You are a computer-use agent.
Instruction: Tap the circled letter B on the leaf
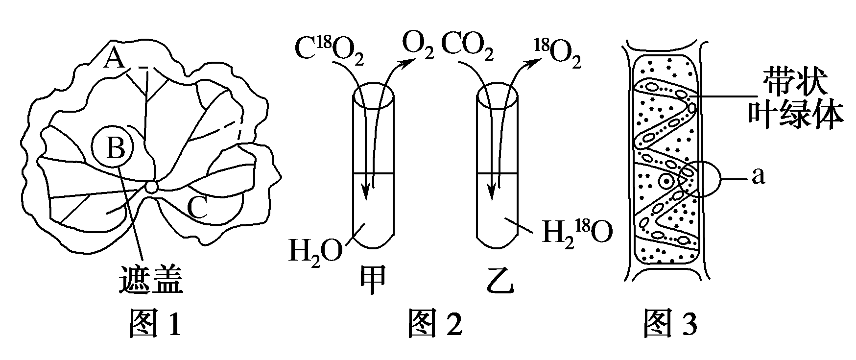click(x=115, y=147)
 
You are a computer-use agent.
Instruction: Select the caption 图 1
click(x=155, y=323)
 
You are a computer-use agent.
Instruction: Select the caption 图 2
click(x=435, y=323)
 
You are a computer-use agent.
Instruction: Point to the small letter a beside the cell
click(x=758, y=177)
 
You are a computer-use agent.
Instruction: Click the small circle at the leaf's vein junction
click(x=151, y=187)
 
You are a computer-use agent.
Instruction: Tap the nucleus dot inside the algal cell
click(x=666, y=181)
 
